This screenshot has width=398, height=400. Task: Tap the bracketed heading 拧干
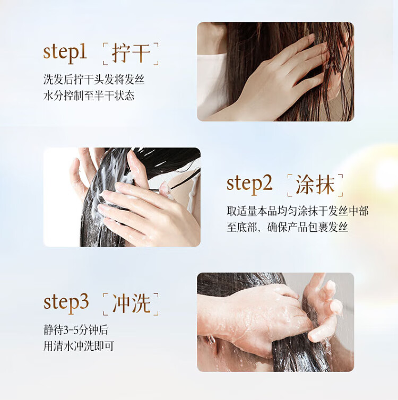point(131,54)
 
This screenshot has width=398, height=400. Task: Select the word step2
point(249,185)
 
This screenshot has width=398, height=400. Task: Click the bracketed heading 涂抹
point(315,185)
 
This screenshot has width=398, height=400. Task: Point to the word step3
point(66,303)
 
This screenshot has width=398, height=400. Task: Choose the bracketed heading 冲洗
point(131,304)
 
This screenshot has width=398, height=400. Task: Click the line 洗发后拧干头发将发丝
point(94,80)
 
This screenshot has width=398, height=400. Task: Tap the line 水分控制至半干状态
point(89,96)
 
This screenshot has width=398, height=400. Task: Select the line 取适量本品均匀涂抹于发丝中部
point(298,211)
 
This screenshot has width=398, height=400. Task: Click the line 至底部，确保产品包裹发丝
point(288,227)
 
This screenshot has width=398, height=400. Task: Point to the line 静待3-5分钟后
point(76,330)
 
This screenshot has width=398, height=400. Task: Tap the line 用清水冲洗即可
point(79,346)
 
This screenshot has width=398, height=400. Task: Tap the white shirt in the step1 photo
point(212,84)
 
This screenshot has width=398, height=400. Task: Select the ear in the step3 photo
point(211,341)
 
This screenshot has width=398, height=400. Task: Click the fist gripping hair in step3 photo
point(258,316)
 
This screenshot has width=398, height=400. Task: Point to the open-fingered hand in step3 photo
point(323,309)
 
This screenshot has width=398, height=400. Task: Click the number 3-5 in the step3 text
point(71,331)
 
